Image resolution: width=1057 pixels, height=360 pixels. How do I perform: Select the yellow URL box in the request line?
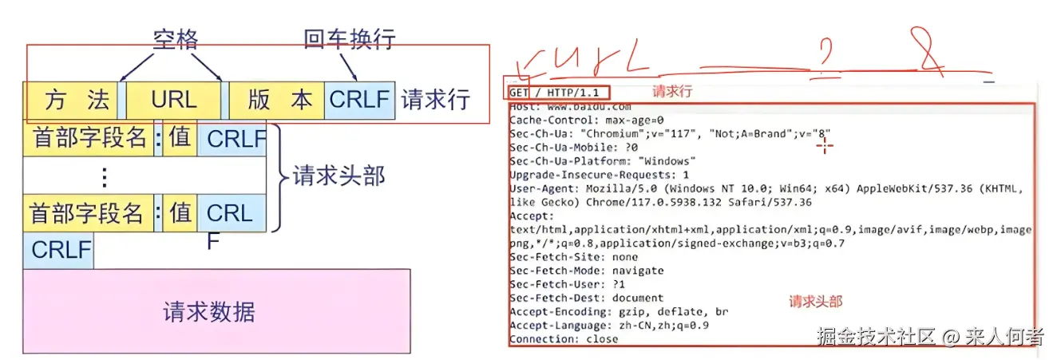point(174,100)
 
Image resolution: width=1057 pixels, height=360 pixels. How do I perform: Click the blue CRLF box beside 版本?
point(359,100)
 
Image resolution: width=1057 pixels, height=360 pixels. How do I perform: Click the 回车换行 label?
point(350,38)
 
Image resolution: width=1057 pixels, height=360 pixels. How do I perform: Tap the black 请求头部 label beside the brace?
point(338,176)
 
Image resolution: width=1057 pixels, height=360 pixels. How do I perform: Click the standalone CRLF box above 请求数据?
point(61,251)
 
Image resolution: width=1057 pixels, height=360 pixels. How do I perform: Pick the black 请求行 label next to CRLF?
point(435,100)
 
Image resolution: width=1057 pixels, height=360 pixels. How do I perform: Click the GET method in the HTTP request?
point(519,93)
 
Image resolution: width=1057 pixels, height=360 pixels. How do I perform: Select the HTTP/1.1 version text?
point(576,93)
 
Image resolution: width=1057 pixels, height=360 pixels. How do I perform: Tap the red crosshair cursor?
point(825,144)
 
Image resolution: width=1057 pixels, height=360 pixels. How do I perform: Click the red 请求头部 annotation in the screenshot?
point(816,302)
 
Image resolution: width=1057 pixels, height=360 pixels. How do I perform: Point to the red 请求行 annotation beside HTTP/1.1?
point(672,92)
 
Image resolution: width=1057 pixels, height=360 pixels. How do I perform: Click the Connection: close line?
point(564,338)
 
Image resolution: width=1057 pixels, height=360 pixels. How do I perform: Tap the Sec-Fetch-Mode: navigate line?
point(586,271)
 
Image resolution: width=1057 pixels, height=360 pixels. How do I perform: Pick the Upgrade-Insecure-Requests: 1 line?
point(599,174)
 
